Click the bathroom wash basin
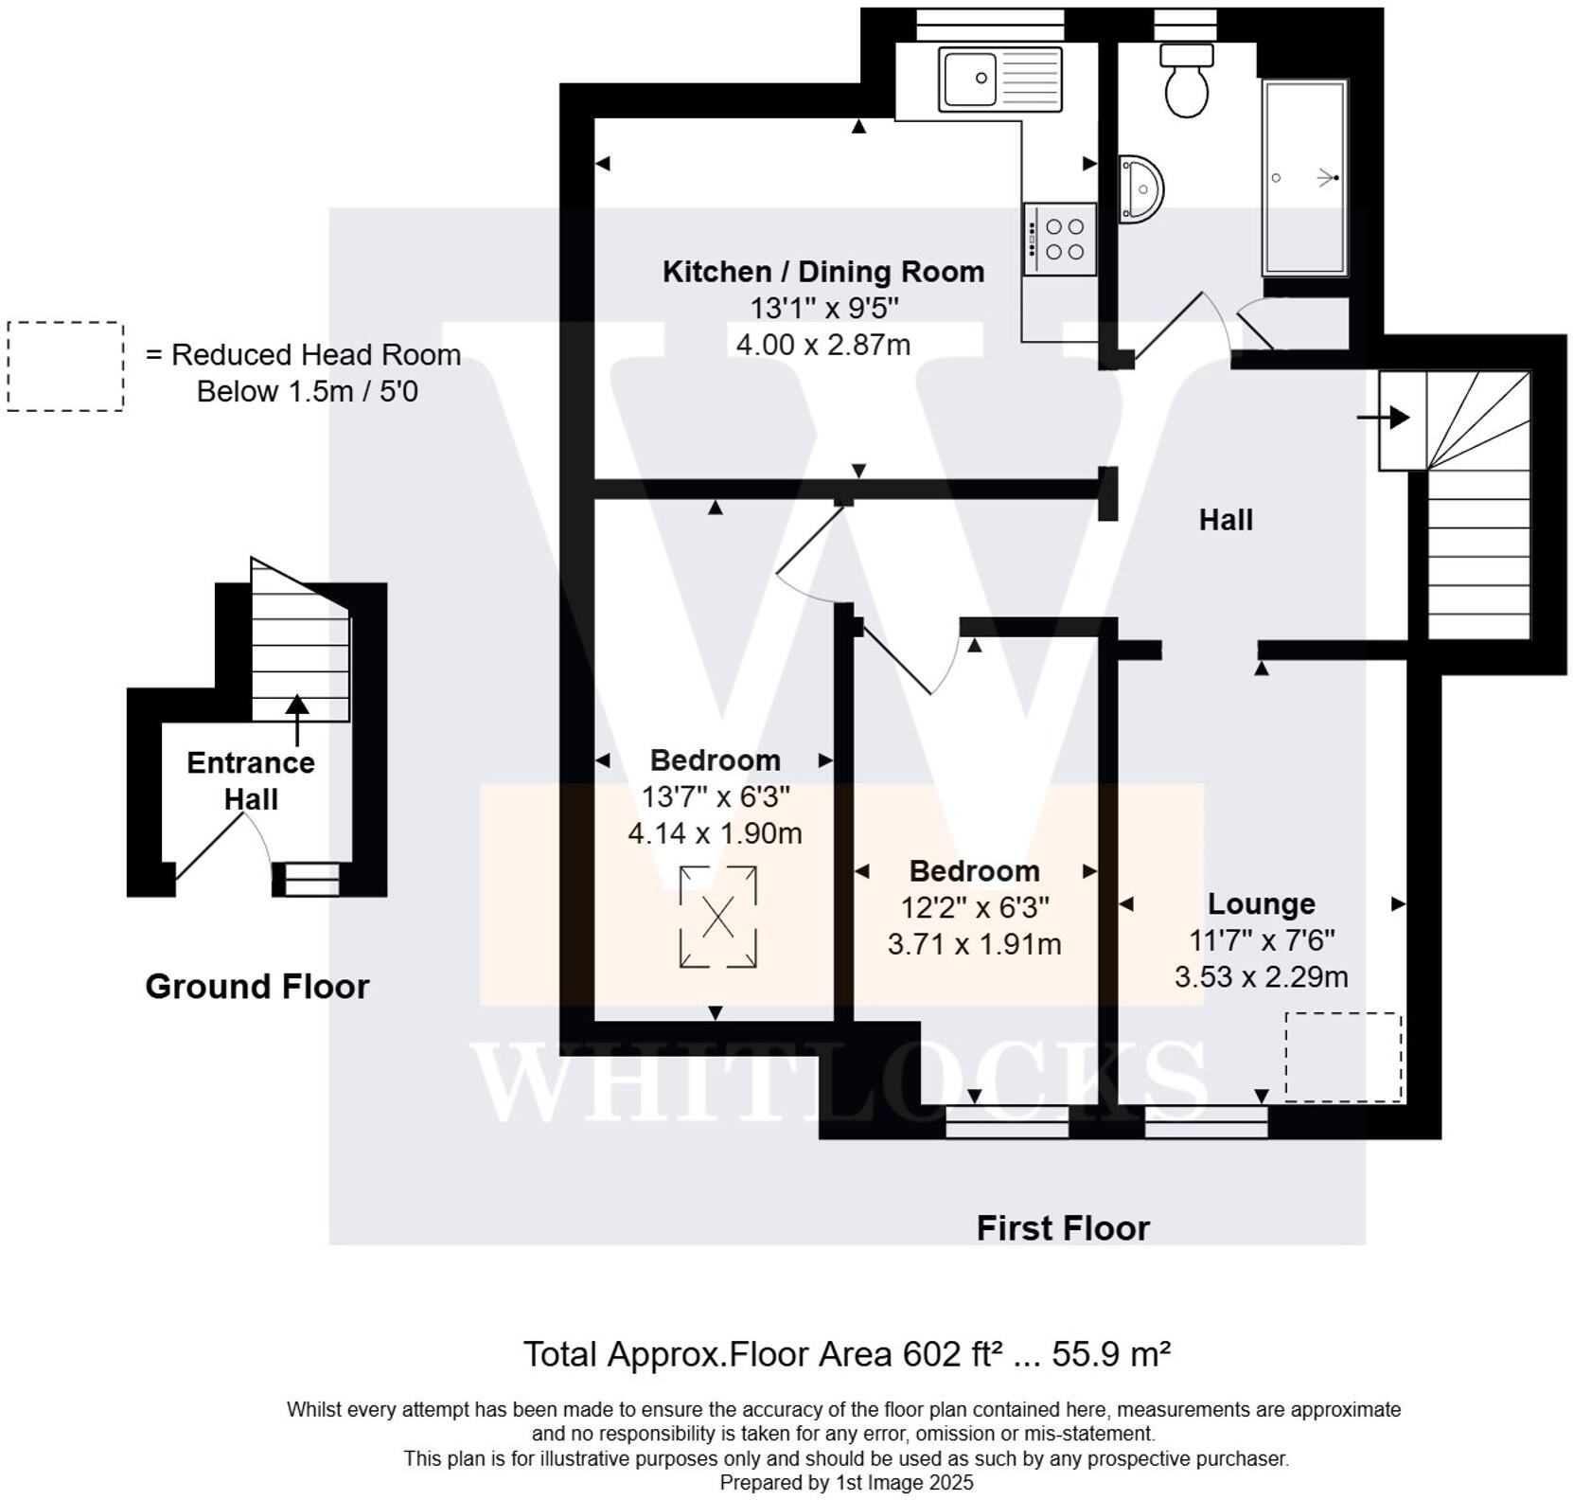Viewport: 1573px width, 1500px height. click(1141, 189)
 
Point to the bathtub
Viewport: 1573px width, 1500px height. click(1304, 178)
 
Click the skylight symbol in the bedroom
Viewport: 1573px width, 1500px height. click(717, 917)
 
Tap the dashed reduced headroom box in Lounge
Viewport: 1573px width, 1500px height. click(1342, 1057)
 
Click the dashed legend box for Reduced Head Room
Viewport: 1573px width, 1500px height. click(65, 366)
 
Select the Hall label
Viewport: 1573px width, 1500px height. click(1226, 520)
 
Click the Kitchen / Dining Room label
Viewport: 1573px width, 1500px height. click(822, 272)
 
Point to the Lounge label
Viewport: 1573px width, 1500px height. click(1261, 903)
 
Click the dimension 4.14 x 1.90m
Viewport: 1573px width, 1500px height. click(715, 833)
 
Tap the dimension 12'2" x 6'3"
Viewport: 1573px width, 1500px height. click(974, 907)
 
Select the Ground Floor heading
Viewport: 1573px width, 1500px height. click(256, 987)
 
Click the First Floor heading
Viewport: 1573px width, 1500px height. click(1063, 1228)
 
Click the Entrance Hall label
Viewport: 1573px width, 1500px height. click(251, 780)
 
